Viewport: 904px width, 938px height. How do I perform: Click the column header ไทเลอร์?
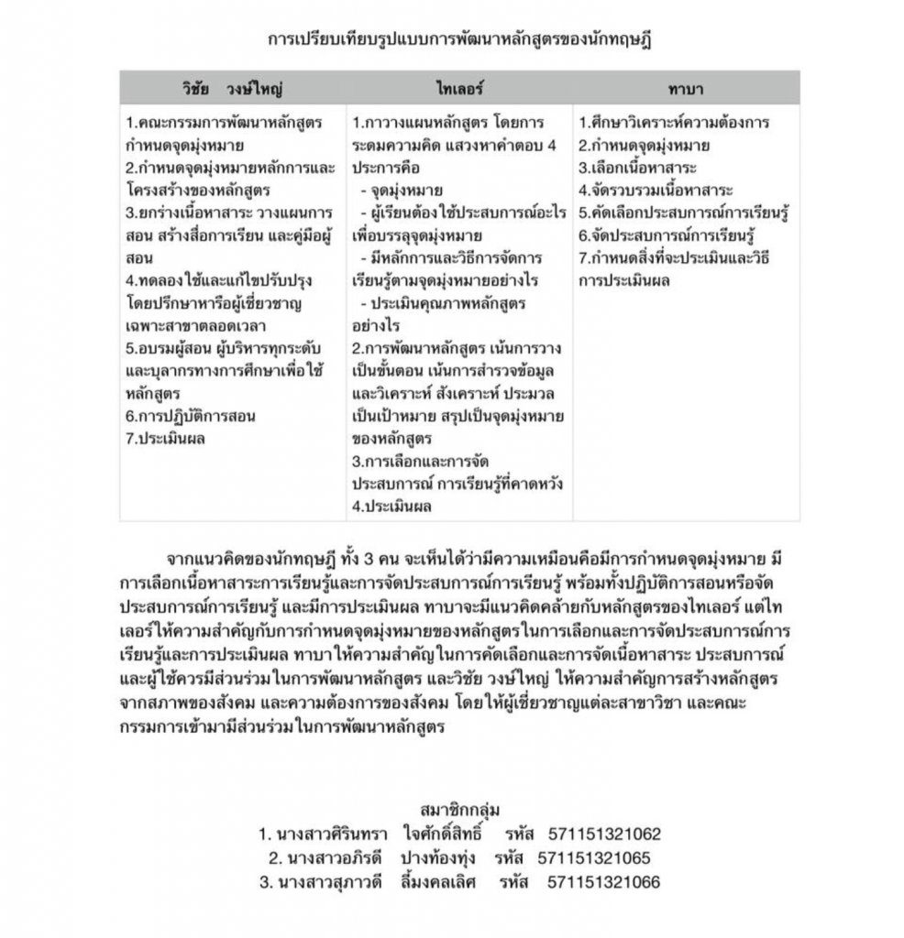tap(458, 87)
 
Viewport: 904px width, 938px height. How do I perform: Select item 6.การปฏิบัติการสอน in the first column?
tap(190, 415)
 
